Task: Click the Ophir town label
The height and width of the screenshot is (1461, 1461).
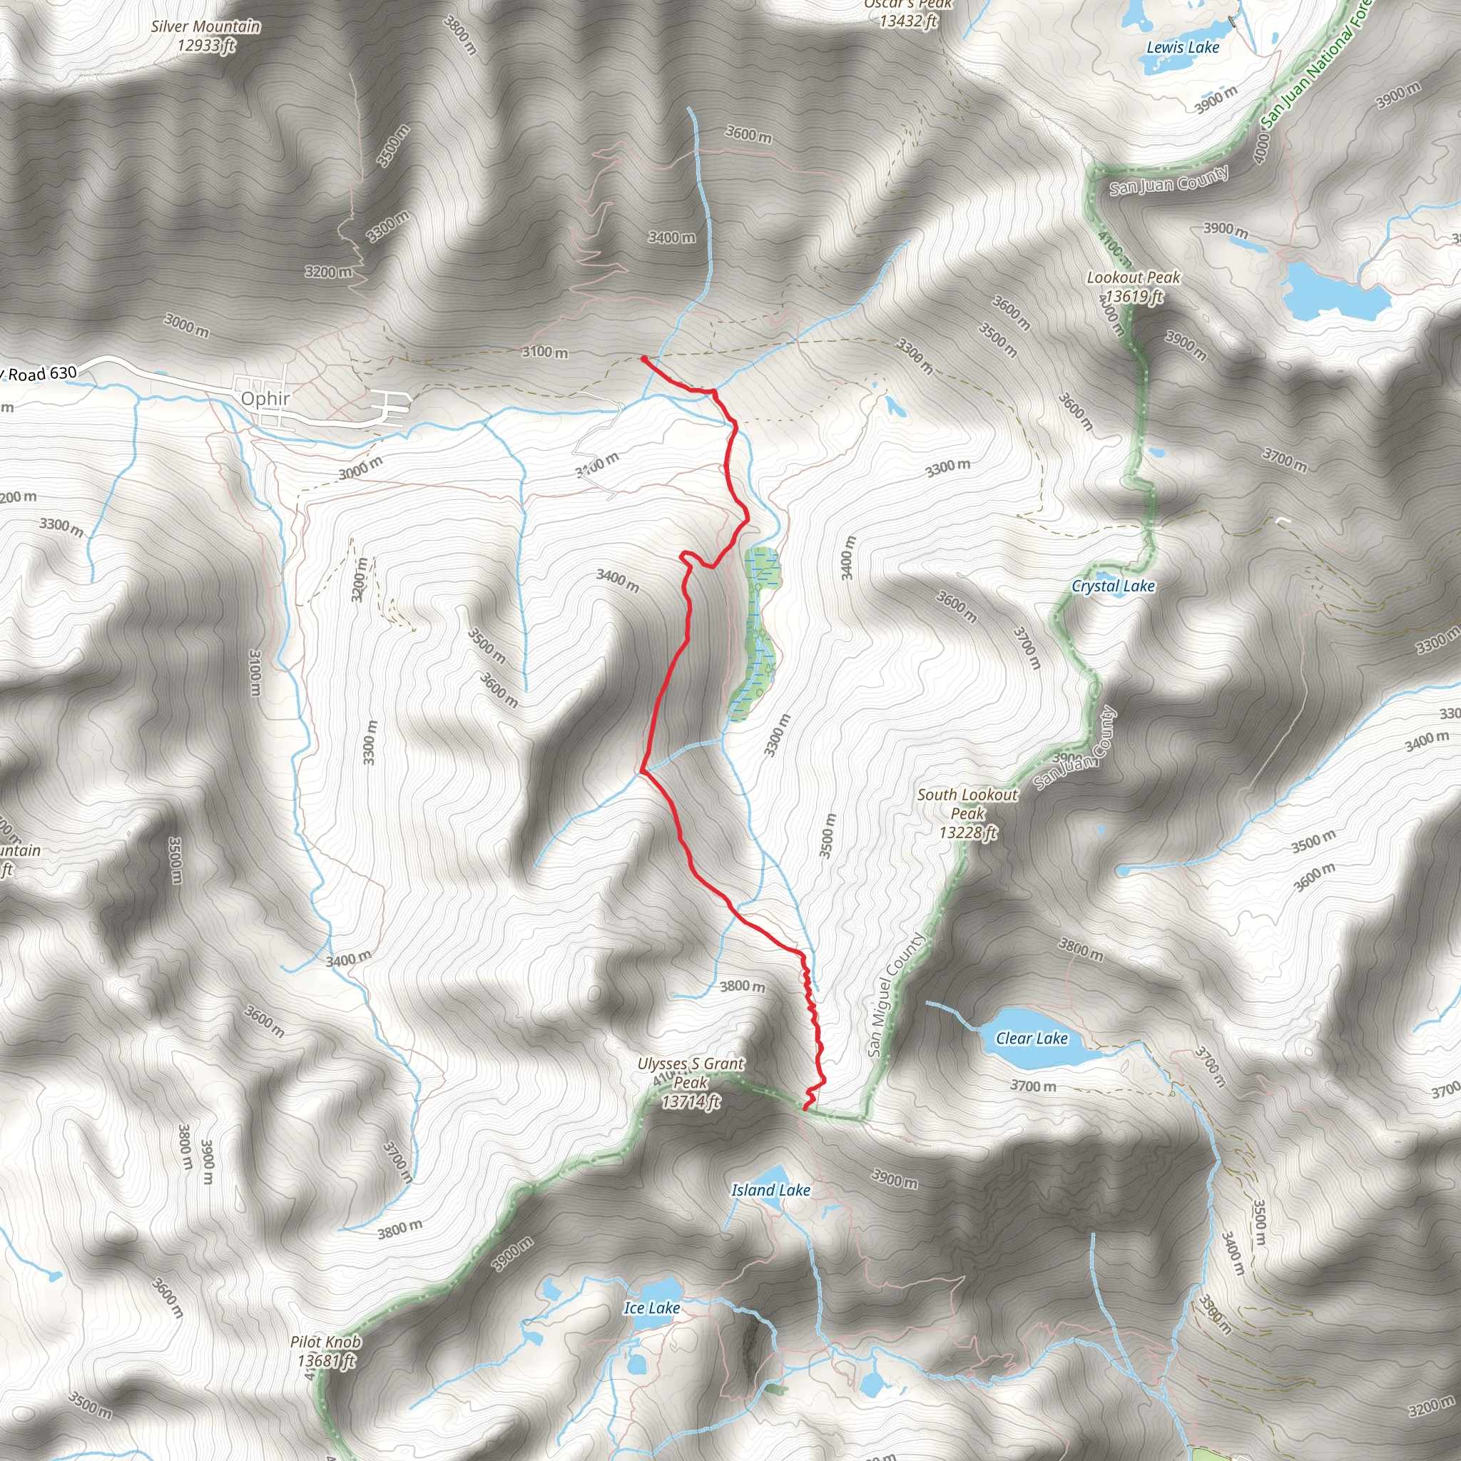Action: [265, 399]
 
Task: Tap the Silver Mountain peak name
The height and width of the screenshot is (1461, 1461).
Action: [205, 26]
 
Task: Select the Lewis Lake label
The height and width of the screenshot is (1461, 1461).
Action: [1183, 48]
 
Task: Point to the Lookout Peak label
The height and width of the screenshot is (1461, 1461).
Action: [1133, 278]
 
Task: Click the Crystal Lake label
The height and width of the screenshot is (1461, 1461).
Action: [1113, 586]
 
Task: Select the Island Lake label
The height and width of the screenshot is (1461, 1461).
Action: [770, 1191]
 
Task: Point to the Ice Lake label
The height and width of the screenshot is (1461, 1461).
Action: [652, 1308]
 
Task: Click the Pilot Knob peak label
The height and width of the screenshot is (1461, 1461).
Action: [326, 1343]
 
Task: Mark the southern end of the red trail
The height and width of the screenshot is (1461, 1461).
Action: [805, 1109]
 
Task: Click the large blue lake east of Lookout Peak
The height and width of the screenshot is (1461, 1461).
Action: [1335, 292]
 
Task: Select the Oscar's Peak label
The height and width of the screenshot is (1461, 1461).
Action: [907, 4]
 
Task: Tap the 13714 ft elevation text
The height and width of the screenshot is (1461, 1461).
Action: [691, 1103]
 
